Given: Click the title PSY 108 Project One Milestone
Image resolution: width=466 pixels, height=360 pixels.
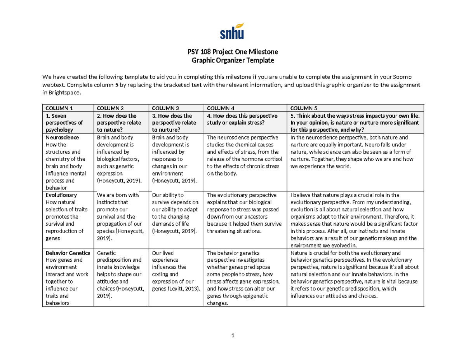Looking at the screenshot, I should pyautogui.click(x=233, y=52).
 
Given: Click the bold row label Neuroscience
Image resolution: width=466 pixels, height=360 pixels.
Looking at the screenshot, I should pyautogui.click(x=62, y=137).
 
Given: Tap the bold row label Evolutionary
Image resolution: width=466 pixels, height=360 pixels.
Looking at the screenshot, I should pyautogui.click(x=61, y=195).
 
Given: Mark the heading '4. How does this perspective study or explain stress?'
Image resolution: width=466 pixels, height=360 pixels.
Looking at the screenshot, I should pyautogui.click(x=243, y=119).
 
